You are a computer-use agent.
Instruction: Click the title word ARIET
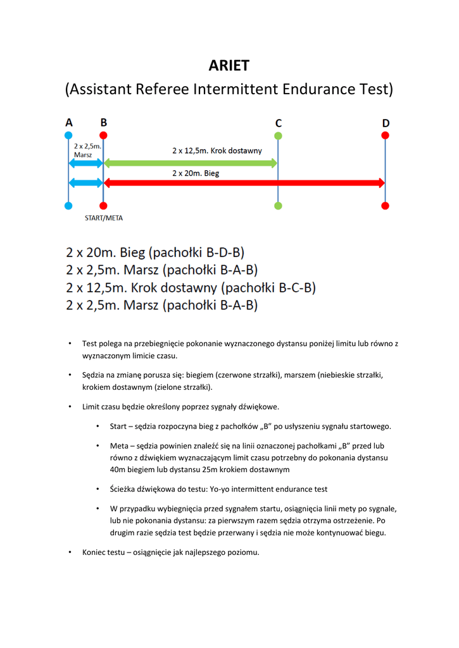coord(229,65)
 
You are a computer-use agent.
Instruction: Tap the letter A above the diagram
coord(69,123)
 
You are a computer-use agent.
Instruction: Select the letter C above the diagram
coord(278,123)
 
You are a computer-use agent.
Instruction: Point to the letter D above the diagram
coord(386,123)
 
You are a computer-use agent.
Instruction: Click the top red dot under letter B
coord(103,135)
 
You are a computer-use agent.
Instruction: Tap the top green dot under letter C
coord(278,135)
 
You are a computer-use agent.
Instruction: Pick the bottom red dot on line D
coord(385,206)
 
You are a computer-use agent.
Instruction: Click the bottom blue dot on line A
coord(68,206)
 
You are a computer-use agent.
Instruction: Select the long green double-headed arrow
coord(190,163)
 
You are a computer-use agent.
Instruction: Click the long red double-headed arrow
coord(244,183)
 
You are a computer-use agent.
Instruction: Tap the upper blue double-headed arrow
coord(85,163)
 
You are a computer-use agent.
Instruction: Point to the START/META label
coord(104,218)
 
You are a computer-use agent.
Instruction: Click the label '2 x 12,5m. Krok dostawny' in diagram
coord(217,151)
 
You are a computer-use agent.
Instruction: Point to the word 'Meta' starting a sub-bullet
coord(120,445)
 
